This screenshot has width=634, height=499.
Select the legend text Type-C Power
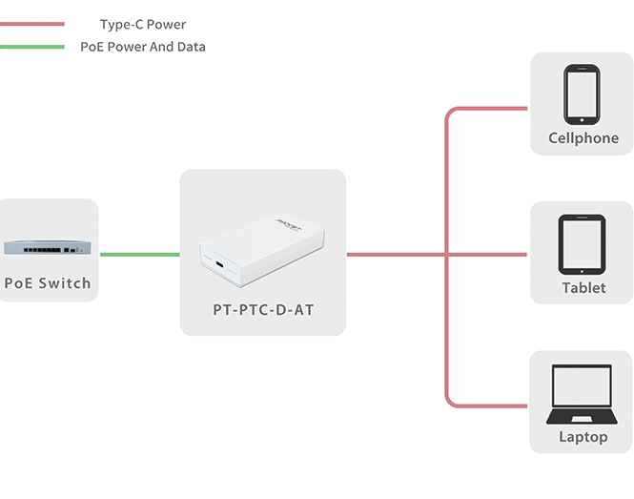[143, 24]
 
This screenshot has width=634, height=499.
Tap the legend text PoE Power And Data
[143, 46]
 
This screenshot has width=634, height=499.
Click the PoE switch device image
[48, 247]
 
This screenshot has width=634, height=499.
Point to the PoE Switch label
[48, 283]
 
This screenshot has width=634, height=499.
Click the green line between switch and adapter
[139, 255]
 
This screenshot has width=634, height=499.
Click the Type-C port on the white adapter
[219, 265]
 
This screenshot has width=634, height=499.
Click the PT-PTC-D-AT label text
[262, 310]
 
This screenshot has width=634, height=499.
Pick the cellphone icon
[583, 94]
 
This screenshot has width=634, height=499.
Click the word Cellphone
[583, 138]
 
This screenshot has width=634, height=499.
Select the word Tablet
[583, 288]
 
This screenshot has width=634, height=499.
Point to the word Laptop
[583, 437]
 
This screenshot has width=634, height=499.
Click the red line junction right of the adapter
[446, 255]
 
